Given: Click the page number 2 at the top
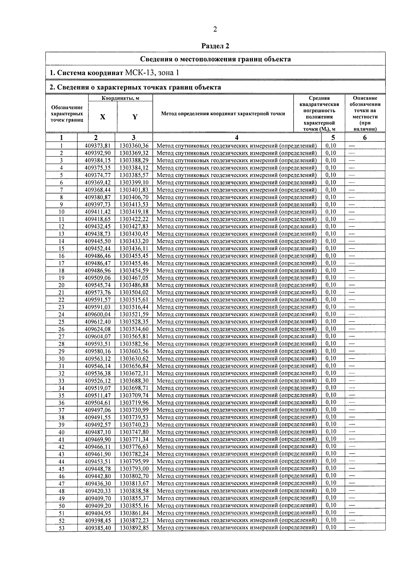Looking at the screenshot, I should pyautogui.click(x=215, y=30).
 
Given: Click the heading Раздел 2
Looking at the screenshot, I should pyautogui.click(x=215, y=46).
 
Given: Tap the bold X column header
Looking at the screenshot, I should pyautogui.click(x=103, y=117).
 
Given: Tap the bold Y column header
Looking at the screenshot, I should pyautogui.click(x=135, y=117).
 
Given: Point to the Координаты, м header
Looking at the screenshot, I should pyautogui.click(x=121, y=98).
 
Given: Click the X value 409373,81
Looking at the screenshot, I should pyautogui.click(x=98, y=146).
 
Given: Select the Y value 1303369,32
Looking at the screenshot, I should pyautogui.click(x=134, y=153).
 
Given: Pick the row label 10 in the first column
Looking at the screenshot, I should pyautogui.click(x=61, y=212).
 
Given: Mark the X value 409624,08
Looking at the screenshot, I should pyautogui.click(x=98, y=329).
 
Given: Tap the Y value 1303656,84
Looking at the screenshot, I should pyautogui.click(x=134, y=366).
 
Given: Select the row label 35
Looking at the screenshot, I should pyautogui.click(x=61, y=395).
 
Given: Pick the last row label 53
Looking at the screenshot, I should pyautogui.click(x=61, y=528).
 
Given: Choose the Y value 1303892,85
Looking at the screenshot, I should pyautogui.click(x=134, y=528).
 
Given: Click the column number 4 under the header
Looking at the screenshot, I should pyautogui.click(x=237, y=137).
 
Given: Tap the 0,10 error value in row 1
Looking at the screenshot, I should pyautogui.click(x=331, y=146).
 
